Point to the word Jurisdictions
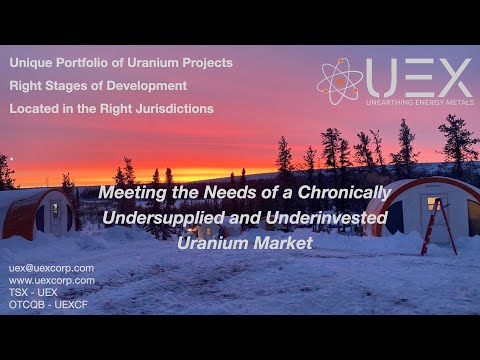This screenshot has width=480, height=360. pyautogui.click(x=170, y=107)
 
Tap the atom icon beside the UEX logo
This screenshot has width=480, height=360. pyautogui.click(x=340, y=81)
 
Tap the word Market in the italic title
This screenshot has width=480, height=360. pyautogui.click(x=285, y=242)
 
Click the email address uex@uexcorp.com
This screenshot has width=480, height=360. pyautogui.click(x=51, y=268)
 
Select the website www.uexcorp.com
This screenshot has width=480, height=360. pyautogui.click(x=52, y=280)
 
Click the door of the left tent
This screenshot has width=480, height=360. pyautogui.click(x=55, y=213)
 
